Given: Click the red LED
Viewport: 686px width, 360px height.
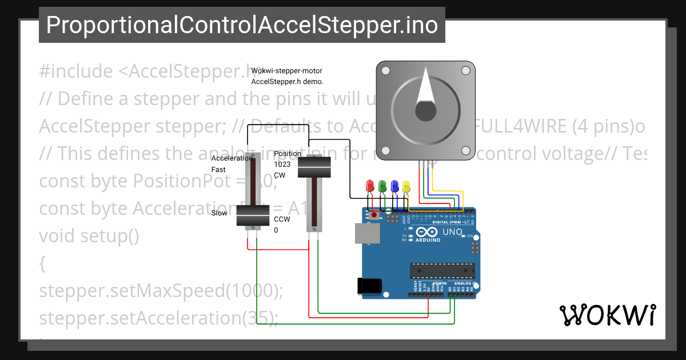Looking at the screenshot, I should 370,186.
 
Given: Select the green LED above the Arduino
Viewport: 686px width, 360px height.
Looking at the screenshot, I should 382,186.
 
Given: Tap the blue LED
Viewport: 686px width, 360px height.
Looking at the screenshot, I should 394,186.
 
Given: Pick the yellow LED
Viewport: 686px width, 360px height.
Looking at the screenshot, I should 406,186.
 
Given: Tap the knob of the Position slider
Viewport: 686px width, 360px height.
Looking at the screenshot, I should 314,166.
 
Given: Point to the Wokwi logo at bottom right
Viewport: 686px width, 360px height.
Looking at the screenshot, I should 607,315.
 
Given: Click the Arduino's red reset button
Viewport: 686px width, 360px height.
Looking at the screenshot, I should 374,216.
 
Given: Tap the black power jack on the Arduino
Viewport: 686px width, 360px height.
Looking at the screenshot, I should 368,286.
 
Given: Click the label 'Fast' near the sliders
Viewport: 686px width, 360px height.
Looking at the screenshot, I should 218,170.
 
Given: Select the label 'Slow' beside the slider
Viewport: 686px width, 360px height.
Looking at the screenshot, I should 219,213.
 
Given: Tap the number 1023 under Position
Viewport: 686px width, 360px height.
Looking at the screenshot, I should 282,165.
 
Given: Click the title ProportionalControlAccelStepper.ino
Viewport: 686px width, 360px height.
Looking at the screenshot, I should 242,25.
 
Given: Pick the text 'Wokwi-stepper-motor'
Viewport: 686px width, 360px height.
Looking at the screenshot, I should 287,71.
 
